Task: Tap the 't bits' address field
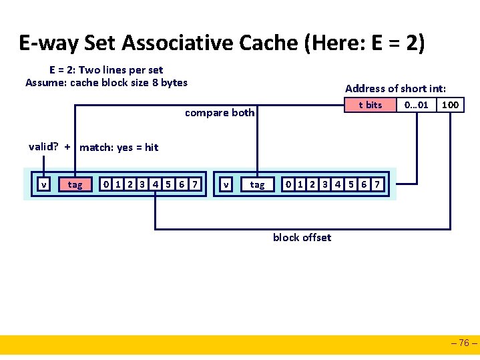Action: point(370,105)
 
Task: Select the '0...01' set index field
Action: point(416,105)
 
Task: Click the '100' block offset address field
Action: point(451,105)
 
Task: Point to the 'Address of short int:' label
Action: point(395,88)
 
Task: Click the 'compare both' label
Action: point(220,112)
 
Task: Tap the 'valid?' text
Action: point(43,147)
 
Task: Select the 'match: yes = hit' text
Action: point(119,148)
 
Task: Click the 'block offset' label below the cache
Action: point(302,237)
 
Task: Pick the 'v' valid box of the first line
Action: point(43,184)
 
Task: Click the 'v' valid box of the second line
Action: point(227,184)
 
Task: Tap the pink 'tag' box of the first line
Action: point(75,184)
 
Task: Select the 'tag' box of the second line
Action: point(257,184)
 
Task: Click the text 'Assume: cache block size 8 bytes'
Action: point(107,83)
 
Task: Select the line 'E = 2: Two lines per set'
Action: point(106,69)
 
